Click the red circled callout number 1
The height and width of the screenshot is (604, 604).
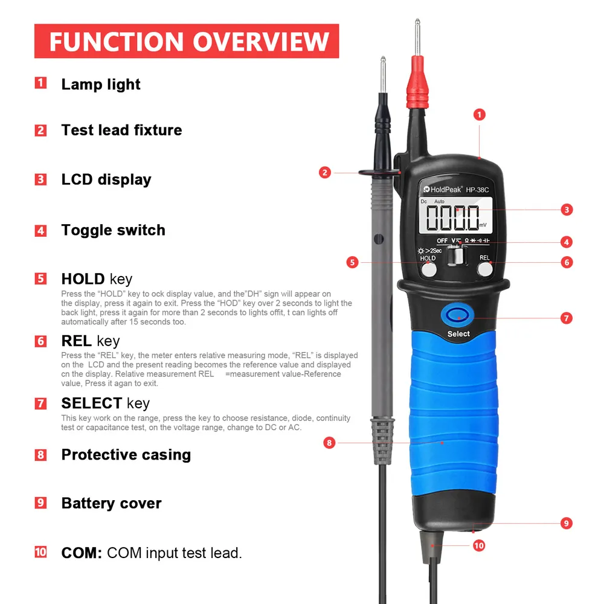(479, 114)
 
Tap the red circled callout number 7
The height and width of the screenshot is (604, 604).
(567, 318)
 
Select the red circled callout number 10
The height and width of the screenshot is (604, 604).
(479, 545)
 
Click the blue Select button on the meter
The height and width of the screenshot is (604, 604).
(457, 315)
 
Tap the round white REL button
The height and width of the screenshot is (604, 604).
(485, 269)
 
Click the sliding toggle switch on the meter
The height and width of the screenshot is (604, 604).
(457, 255)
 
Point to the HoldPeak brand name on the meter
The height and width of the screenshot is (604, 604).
(442, 189)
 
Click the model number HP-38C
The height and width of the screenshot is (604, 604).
(477, 190)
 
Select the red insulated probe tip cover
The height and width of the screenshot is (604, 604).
(417, 82)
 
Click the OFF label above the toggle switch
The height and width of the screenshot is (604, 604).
(442, 241)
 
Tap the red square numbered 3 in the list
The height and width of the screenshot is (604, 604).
(40, 179)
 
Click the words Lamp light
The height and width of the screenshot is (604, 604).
(101, 85)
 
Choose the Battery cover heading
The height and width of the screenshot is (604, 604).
(111, 503)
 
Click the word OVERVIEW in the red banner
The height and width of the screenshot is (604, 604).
(261, 42)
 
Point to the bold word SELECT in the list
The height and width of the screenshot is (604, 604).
(92, 403)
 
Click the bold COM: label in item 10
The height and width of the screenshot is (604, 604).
(82, 553)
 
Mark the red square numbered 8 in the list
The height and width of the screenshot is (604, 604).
(40, 455)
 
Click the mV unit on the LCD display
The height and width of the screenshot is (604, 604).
(483, 225)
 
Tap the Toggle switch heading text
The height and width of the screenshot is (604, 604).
(114, 230)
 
